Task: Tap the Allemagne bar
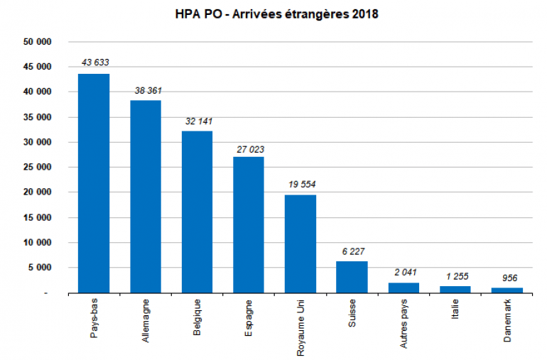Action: tap(146, 197)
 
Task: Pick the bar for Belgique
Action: tap(197, 212)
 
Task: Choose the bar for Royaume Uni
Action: tap(300, 244)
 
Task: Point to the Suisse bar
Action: tap(352, 277)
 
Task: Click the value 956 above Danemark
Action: tap(507, 278)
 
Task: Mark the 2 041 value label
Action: tap(404, 272)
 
